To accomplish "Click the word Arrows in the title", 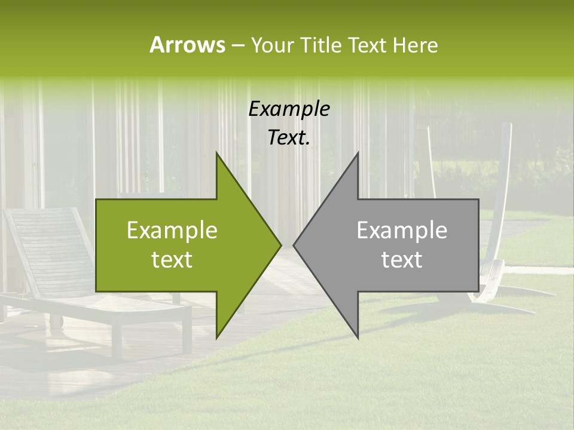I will (x=187, y=45).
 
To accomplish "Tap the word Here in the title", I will (x=415, y=45).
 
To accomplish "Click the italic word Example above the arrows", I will (x=289, y=109).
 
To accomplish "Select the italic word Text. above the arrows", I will (x=289, y=138).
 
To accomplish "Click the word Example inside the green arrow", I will (x=172, y=231).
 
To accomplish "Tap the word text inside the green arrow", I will (x=172, y=260).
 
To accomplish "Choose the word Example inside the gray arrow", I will (x=402, y=231).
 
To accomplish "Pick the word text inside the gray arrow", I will (x=402, y=260).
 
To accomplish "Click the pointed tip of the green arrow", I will (x=280, y=245).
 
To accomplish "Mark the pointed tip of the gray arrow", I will (x=294, y=245).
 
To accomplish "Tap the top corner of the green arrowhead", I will (x=217, y=153).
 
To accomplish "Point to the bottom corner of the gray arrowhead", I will (x=358, y=337).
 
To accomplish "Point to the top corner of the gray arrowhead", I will (x=358, y=153).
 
